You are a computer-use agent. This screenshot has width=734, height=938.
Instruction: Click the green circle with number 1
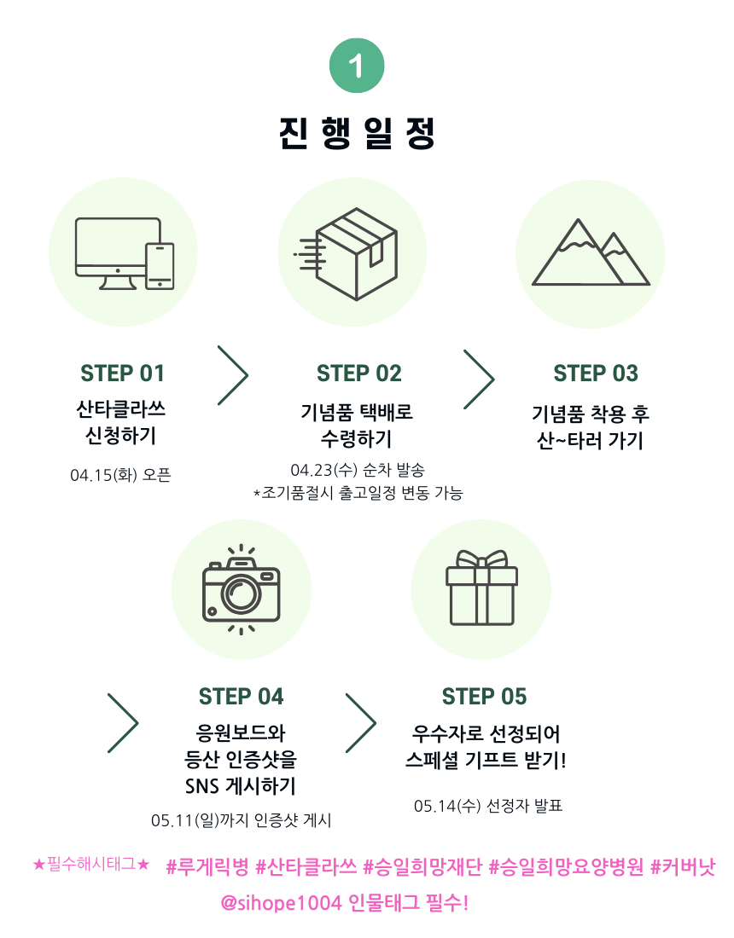pyautogui.click(x=357, y=66)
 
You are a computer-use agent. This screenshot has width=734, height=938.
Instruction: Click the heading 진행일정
pyautogui.click(x=357, y=133)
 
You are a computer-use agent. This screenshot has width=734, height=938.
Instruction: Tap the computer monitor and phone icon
pyautogui.click(x=125, y=253)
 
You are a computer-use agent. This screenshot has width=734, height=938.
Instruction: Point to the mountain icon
pyautogui.click(x=591, y=252)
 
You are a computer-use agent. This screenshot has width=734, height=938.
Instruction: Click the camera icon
pyautogui.click(x=242, y=589)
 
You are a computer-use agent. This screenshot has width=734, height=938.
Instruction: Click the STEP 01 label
pyautogui.click(x=122, y=373)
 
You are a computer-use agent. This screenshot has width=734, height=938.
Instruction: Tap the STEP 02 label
pyautogui.click(x=358, y=373)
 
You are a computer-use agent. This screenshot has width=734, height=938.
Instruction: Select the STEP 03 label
pyautogui.click(x=595, y=373)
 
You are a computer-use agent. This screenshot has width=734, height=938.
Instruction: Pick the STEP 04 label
pyautogui.click(x=241, y=697)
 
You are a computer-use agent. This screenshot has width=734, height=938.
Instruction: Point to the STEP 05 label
pyautogui.click(x=484, y=697)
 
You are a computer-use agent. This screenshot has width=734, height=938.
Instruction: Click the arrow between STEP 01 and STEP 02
pyautogui.click(x=232, y=375)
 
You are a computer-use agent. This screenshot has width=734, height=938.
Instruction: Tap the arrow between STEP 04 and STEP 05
pyautogui.click(x=361, y=723)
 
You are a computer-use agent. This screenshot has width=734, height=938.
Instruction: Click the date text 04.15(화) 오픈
pyautogui.click(x=120, y=475)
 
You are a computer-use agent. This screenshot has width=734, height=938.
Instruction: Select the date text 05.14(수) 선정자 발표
pyautogui.click(x=488, y=806)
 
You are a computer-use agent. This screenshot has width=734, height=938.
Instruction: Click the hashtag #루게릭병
pyautogui.click(x=207, y=867)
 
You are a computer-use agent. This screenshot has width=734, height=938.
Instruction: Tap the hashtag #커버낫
pyautogui.click(x=683, y=867)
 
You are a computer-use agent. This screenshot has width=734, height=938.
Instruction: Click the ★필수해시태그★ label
pyautogui.click(x=91, y=866)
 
